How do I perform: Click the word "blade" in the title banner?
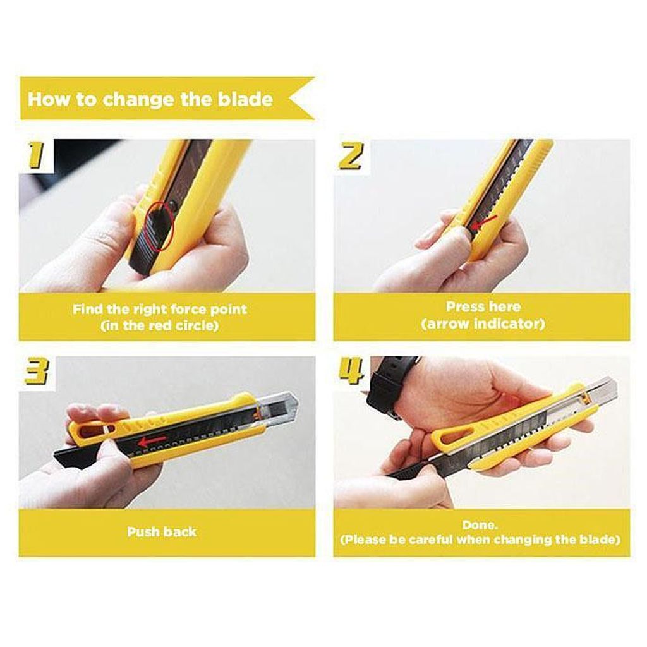245,99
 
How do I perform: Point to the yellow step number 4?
351,370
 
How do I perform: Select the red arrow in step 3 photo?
152,441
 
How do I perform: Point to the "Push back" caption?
162,531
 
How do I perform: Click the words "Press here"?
483,306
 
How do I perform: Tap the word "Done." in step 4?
480,525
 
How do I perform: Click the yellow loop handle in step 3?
93,431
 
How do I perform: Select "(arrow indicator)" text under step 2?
483,323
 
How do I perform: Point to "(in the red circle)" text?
159,326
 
